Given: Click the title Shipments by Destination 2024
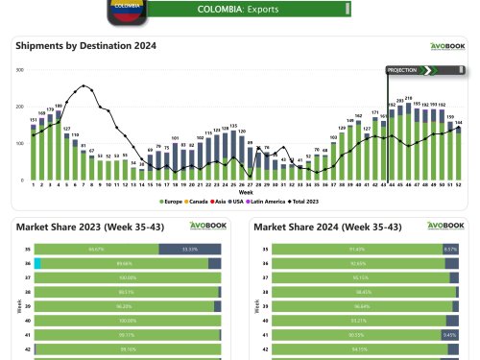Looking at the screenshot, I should (85, 45).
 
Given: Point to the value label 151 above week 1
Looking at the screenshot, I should (34, 120).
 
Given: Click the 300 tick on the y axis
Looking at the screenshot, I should (20, 70).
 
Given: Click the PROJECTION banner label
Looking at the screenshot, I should (402, 70).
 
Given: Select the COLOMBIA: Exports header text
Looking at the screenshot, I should (238, 9).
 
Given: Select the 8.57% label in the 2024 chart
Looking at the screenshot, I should (449, 248).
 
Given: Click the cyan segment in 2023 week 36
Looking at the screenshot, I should (37, 262).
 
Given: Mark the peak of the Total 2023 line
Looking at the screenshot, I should (84, 85).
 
